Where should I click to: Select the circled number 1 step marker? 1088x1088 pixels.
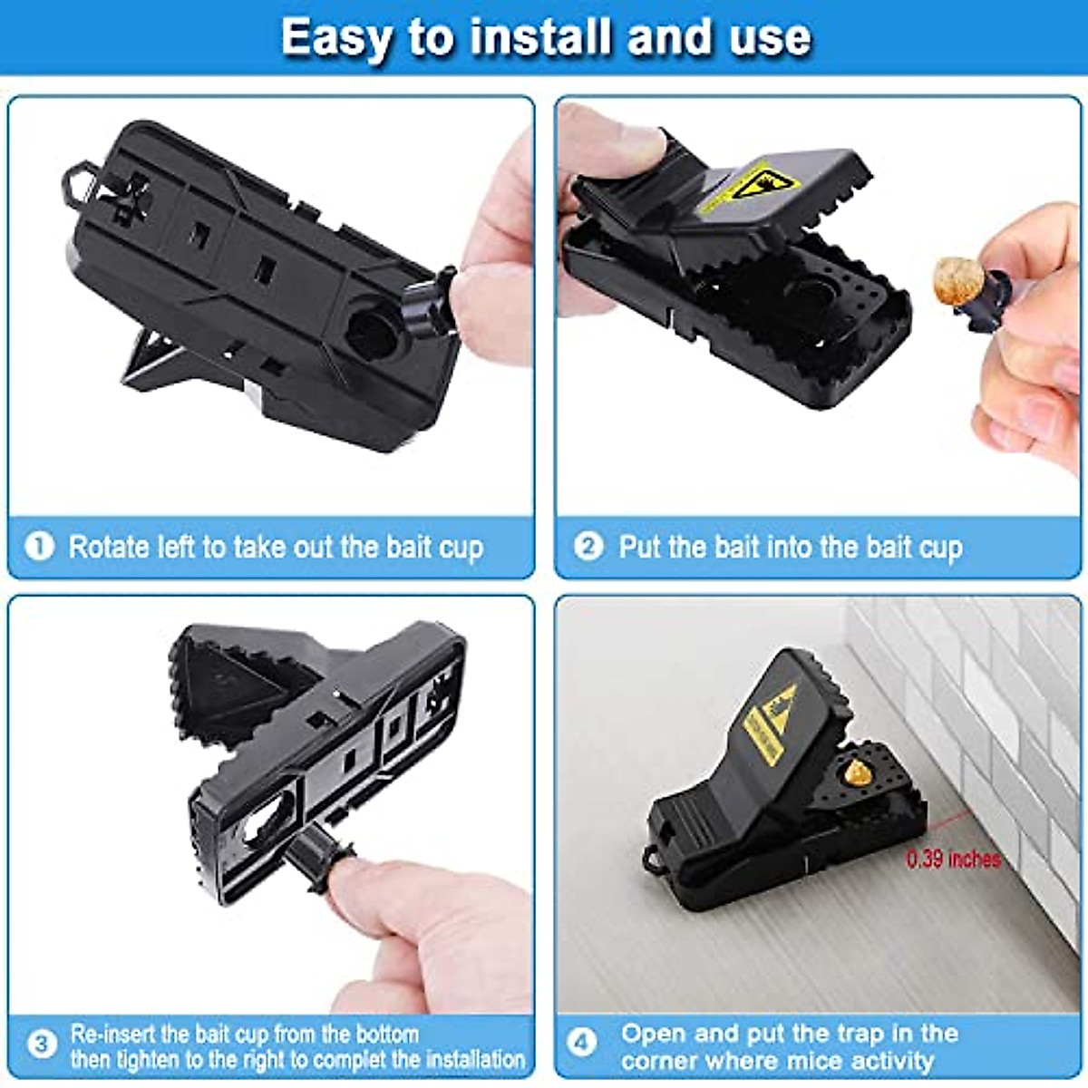click(x=39, y=546)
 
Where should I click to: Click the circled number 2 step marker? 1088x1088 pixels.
click(x=588, y=546)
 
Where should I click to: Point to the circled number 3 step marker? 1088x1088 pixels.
click(x=40, y=1044)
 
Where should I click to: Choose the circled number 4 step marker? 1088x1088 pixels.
click(x=582, y=1044)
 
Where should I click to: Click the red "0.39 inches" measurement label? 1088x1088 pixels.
click(x=954, y=859)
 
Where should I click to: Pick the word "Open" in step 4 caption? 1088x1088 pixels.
click(x=654, y=1033)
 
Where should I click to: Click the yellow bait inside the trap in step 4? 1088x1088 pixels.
click(x=854, y=772)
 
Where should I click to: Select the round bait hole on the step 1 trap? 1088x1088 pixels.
click(x=371, y=332)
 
